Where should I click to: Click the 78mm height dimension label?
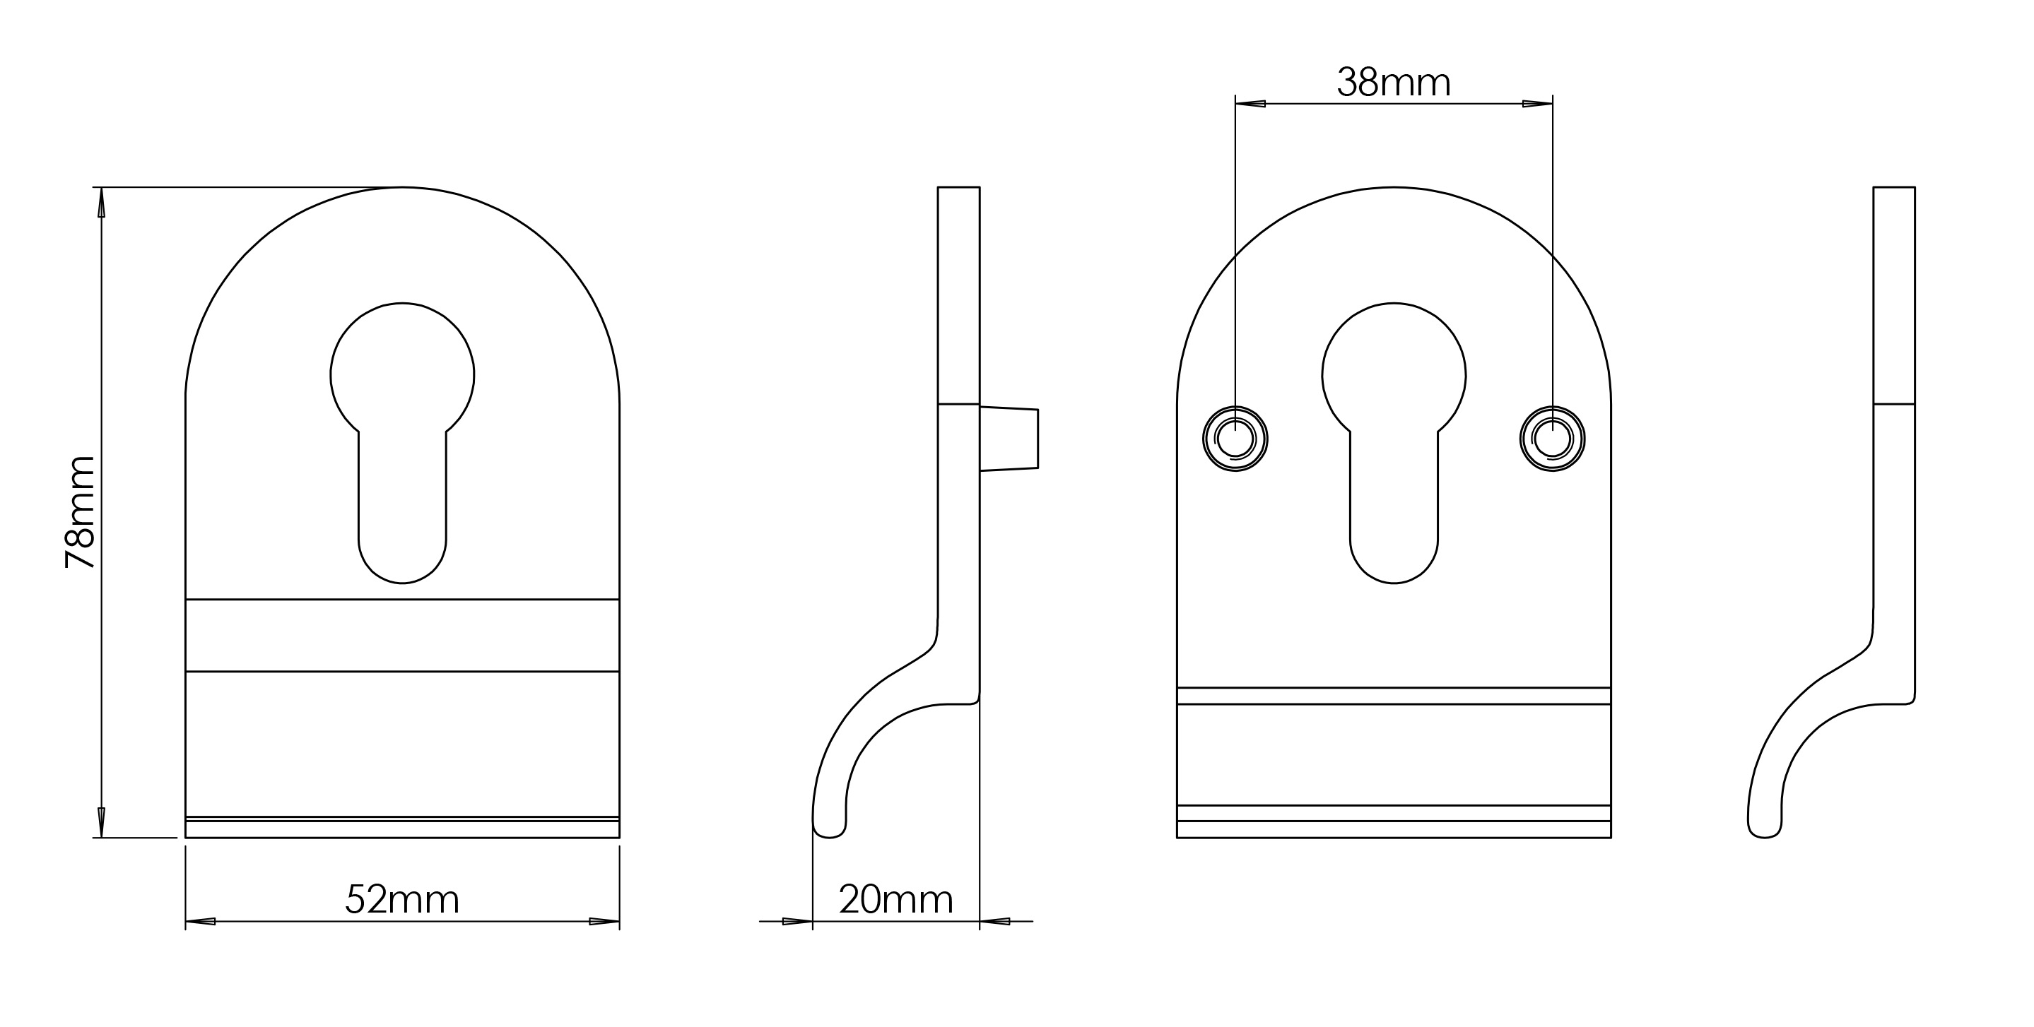click(x=80, y=511)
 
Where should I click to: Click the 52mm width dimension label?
click(x=402, y=899)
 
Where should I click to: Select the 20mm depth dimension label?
click(x=895, y=899)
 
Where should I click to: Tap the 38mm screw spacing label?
click(x=1394, y=82)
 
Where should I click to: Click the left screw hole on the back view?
click(x=1235, y=438)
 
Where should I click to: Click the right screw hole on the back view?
click(x=1552, y=438)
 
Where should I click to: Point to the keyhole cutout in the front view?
click(x=402, y=442)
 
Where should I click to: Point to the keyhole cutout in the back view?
click(x=1394, y=442)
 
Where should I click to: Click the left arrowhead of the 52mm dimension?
click(x=201, y=921)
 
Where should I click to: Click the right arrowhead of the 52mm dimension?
click(x=604, y=921)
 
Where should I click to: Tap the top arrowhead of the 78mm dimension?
click(x=100, y=203)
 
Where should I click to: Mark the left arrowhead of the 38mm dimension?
click(x=1251, y=103)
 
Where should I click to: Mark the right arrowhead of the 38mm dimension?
click(x=1537, y=103)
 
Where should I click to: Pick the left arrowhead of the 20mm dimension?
click(x=796, y=921)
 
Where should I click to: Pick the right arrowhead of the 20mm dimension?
click(x=995, y=921)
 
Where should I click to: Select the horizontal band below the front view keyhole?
click(x=402, y=636)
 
